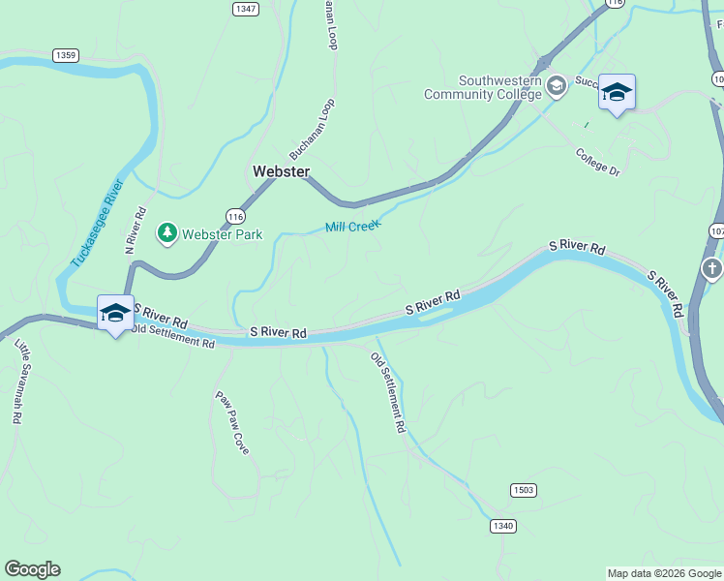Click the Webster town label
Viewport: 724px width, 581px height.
point(281,171)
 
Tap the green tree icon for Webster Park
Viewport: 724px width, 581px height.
point(167,233)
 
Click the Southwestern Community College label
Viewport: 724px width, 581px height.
point(483,87)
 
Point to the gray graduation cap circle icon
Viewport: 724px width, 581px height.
point(556,87)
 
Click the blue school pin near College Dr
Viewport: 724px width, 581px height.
point(617,92)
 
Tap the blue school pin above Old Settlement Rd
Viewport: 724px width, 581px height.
point(115,313)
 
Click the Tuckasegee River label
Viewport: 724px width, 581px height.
point(97,225)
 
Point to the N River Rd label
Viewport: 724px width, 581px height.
point(136,230)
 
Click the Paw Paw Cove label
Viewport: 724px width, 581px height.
point(231,423)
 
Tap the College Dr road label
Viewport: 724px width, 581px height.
point(597,162)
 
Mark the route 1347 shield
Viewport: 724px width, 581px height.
point(246,8)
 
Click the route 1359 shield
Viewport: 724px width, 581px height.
point(66,55)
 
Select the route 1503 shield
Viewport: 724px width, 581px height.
point(523,490)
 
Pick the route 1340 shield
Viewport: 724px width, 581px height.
point(502,526)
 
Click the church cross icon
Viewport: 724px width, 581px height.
point(711,267)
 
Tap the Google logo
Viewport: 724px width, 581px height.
point(32,569)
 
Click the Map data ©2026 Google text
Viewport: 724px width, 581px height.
point(664,573)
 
